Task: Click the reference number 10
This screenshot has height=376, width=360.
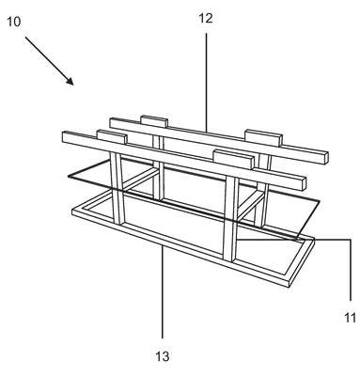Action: [x=13, y=22]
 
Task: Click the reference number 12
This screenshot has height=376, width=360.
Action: [x=206, y=19]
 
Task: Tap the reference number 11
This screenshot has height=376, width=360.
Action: [x=351, y=318]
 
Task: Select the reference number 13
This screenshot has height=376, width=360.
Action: [x=163, y=356]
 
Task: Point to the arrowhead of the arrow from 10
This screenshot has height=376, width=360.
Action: [x=70, y=81]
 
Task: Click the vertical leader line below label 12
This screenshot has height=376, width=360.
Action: [x=206, y=83]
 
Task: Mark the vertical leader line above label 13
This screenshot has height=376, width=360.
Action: [x=163, y=292]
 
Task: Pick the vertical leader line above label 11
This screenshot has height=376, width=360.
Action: [x=351, y=270]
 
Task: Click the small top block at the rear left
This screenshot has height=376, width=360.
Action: [x=154, y=121]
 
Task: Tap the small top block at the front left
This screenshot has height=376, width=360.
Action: [x=112, y=137]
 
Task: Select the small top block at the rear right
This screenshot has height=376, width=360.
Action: [x=263, y=137]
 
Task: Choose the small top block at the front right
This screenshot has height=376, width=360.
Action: [x=233, y=160]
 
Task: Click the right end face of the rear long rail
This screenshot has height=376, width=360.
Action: [x=326, y=158]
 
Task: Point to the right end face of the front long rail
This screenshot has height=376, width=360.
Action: [x=304, y=184]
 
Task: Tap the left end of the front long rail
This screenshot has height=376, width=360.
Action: [x=63, y=137]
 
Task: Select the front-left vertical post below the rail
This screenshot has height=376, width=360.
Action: [x=117, y=188]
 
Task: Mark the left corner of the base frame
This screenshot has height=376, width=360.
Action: [x=72, y=211]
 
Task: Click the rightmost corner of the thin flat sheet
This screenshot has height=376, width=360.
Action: [x=320, y=201]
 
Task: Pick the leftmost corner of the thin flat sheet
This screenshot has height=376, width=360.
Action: [x=69, y=177]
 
